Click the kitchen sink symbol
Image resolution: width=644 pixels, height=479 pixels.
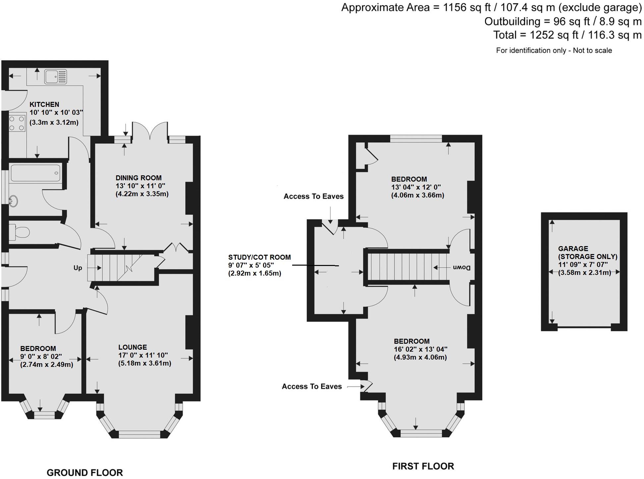pyautogui.click(x=56, y=76)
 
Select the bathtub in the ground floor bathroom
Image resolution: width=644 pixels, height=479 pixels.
pyautogui.click(x=35, y=173)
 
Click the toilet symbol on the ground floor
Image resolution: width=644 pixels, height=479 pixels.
pyautogui.click(x=20, y=232)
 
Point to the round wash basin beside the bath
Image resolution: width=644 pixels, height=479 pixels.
pyautogui.click(x=13, y=201)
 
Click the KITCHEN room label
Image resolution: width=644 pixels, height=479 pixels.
pyautogui.click(x=44, y=104)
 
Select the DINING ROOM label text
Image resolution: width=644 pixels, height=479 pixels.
pyautogui.click(x=138, y=178)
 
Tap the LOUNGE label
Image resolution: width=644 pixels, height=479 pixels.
pyautogui.click(x=133, y=347)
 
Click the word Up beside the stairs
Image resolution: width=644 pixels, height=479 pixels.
pyautogui.click(x=78, y=268)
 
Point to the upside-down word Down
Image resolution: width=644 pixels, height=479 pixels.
pyautogui.click(x=462, y=268)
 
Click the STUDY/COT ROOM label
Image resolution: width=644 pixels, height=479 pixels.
pyautogui.click(x=259, y=257)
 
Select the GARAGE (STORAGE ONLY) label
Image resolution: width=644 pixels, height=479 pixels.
pyautogui.click(x=587, y=252)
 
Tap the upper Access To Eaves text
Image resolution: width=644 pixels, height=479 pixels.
pyautogui.click(x=313, y=196)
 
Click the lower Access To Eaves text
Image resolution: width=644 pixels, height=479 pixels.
pyautogui.click(x=312, y=386)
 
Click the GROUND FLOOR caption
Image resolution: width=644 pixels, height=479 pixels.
pyautogui.click(x=85, y=473)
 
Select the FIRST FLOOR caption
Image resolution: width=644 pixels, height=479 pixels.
pyautogui.click(x=423, y=466)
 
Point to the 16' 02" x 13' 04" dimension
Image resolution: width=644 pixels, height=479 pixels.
pyautogui.click(x=420, y=349)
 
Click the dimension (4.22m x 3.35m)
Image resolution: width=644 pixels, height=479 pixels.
pyautogui.click(x=142, y=194)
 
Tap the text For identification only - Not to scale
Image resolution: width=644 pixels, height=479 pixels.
pyautogui.click(x=554, y=51)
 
